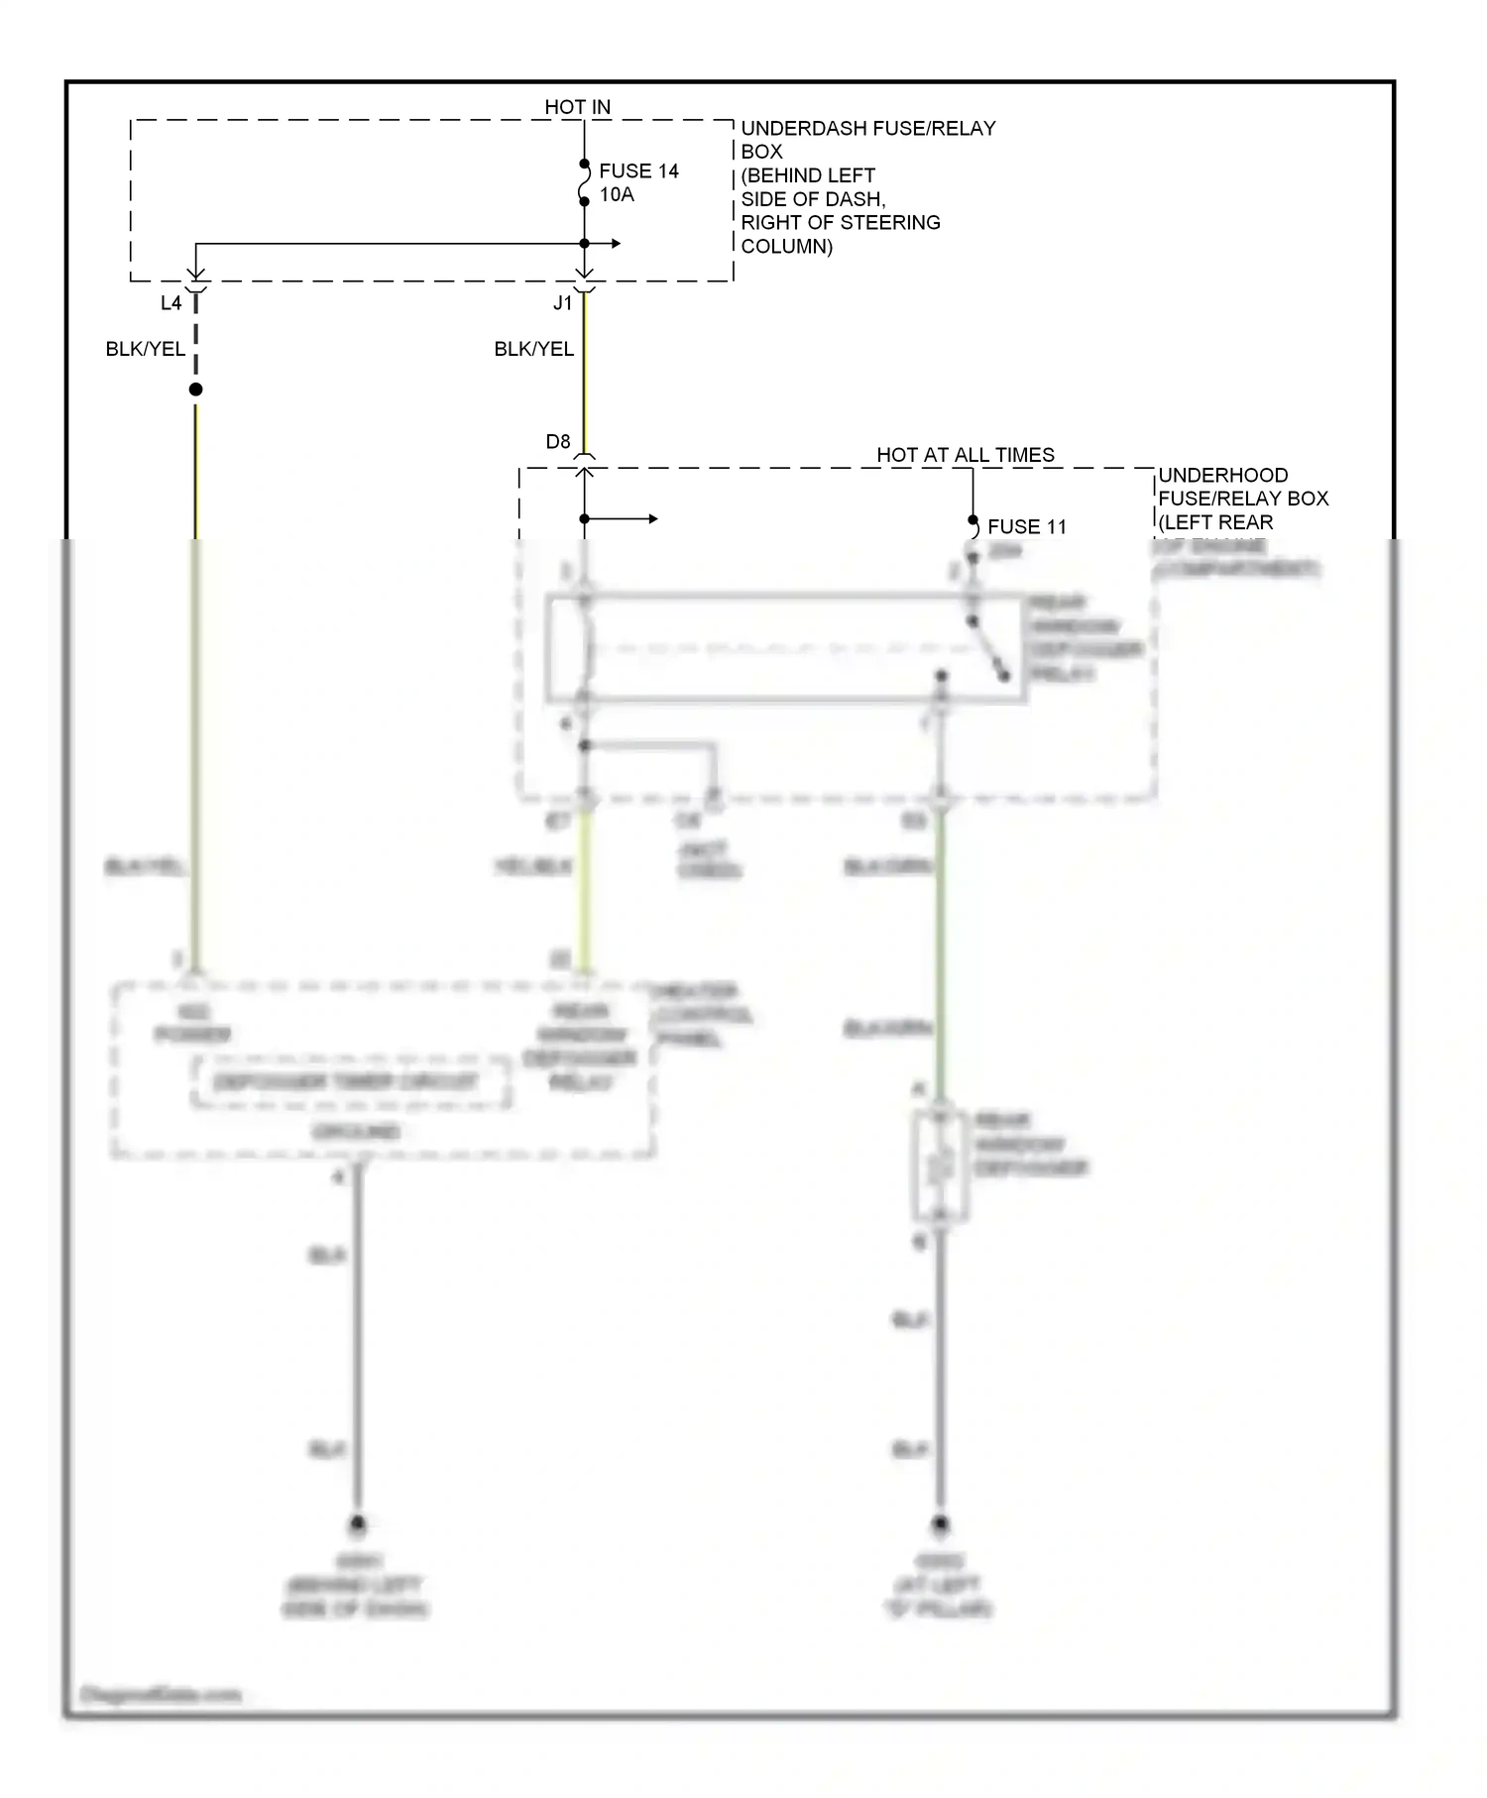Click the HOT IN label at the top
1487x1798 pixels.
[x=577, y=107]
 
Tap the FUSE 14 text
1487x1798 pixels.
[x=638, y=171]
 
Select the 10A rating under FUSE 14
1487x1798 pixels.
[x=617, y=195]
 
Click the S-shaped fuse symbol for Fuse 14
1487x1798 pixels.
[x=584, y=182]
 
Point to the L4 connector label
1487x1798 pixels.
[x=171, y=303]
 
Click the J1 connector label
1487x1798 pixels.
[x=563, y=303]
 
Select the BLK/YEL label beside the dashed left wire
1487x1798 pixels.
[x=145, y=349]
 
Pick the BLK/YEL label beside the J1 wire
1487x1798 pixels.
[x=533, y=349]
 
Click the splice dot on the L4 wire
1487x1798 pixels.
[x=195, y=390]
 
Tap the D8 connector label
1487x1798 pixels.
[x=558, y=442]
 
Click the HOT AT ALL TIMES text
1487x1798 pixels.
[x=965, y=455]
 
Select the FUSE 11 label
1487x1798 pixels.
[x=1026, y=527]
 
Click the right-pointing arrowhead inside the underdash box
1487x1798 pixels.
[x=617, y=244]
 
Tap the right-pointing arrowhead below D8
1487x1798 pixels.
[x=652, y=519]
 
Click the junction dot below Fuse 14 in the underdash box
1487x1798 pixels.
[x=584, y=244]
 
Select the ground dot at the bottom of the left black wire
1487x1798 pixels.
[x=357, y=1523]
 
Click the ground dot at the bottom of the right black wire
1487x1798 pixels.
[x=940, y=1523]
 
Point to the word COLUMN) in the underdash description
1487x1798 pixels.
[x=786, y=247]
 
